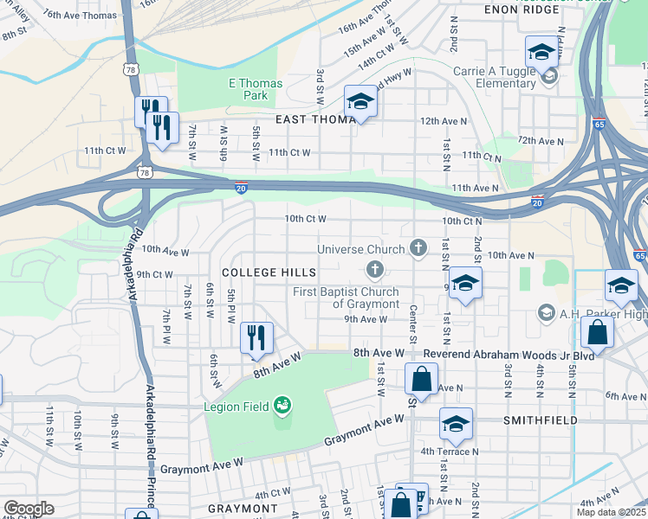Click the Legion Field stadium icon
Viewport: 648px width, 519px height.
(282, 405)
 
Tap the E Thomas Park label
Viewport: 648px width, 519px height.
(255, 89)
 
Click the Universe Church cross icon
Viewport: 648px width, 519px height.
(418, 249)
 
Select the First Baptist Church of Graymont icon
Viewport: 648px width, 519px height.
(375, 270)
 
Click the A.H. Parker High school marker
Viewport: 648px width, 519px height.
(546, 311)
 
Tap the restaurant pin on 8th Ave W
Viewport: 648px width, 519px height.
(256, 338)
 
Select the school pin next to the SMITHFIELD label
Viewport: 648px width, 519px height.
(455, 425)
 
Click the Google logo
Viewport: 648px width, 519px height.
(29, 509)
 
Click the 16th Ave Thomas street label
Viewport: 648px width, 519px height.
(79, 16)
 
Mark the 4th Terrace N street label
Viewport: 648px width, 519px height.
(450, 452)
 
